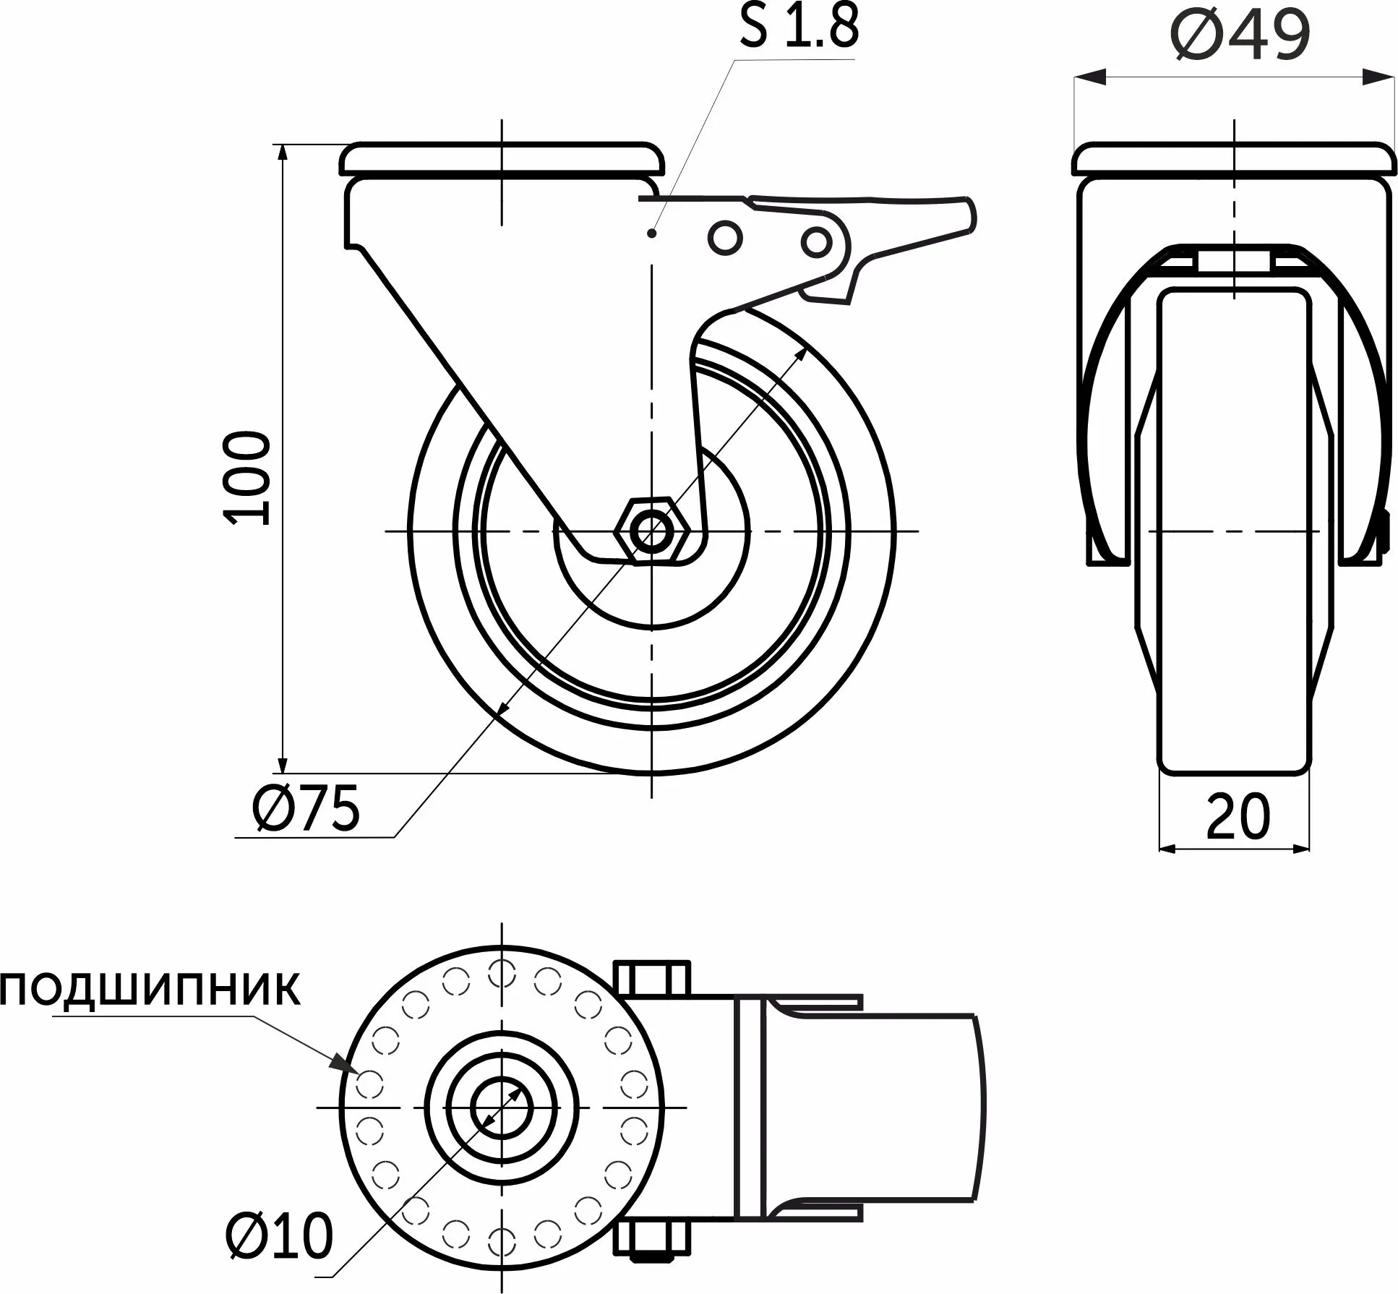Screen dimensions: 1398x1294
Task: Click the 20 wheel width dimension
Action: (x=1237, y=815)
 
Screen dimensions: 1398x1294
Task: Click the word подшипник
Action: (x=150, y=989)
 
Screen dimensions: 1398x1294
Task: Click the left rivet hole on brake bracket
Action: (x=725, y=236)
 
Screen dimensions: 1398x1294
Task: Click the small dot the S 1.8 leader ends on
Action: (x=652, y=233)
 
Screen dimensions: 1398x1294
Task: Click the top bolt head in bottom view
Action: (x=653, y=977)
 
